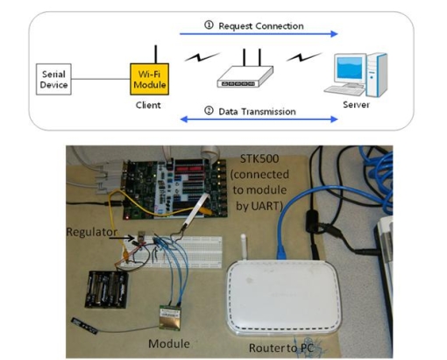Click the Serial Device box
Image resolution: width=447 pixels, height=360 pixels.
pyautogui.click(x=53, y=79)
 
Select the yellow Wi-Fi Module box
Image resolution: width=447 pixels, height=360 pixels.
pyautogui.click(x=149, y=79)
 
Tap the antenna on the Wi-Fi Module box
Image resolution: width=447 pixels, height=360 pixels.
pyautogui.click(x=156, y=54)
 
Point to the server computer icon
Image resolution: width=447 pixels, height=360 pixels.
pyautogui.click(x=356, y=74)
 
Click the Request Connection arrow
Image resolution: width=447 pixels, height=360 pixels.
pyautogui.click(x=259, y=34)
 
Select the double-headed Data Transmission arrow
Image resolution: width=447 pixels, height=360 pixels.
pyautogui.click(x=259, y=119)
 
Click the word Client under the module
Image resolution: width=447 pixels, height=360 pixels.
pyautogui.click(x=148, y=105)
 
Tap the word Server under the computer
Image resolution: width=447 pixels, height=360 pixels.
pyautogui.click(x=356, y=104)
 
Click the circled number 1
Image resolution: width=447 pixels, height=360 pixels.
pyautogui.click(x=209, y=25)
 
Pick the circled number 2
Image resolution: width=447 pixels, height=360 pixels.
pyautogui.click(x=209, y=110)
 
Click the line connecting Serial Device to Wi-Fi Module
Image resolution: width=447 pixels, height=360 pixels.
pyautogui.click(x=101, y=79)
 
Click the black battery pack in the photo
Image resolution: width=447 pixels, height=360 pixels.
pyautogui.click(x=107, y=289)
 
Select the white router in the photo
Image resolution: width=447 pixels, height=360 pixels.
pyautogui.click(x=283, y=297)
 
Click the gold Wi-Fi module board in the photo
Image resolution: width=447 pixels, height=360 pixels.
pyautogui.click(x=170, y=317)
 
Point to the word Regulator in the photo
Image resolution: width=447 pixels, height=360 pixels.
pyautogui.click(x=92, y=232)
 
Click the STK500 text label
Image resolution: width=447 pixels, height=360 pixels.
pyautogui.click(x=259, y=159)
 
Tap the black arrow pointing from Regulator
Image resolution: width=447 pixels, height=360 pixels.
pyautogui.click(x=122, y=238)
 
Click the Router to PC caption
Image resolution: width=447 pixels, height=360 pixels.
pyautogui.click(x=281, y=348)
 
